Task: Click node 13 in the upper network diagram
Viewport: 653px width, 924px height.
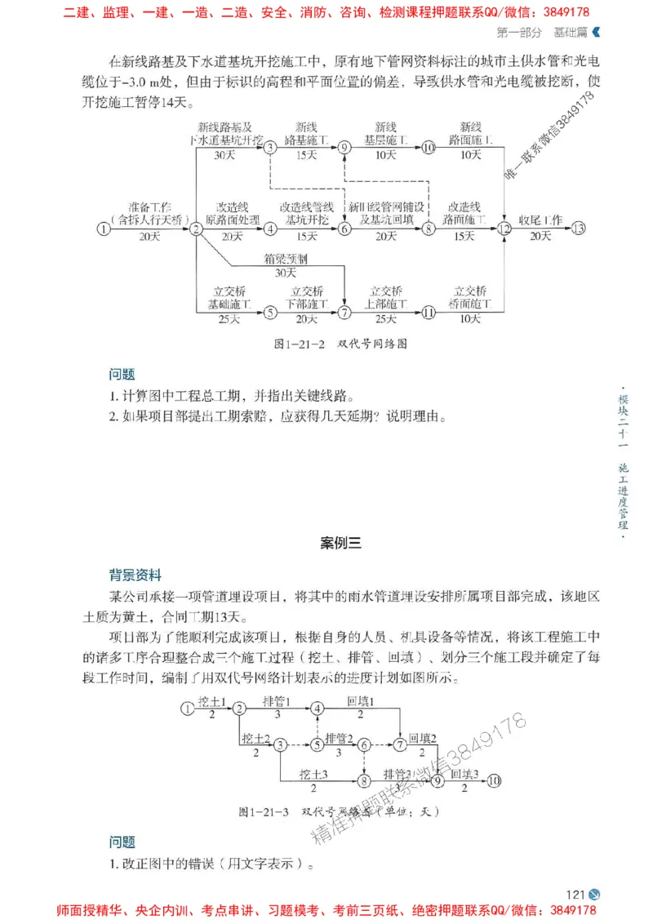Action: pyautogui.click(x=579, y=229)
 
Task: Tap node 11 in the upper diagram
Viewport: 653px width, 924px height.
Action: pyautogui.click(x=429, y=312)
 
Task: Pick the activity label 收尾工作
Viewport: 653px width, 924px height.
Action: pyautogui.click(x=540, y=220)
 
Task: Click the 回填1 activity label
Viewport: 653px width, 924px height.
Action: pyautogui.click(x=360, y=700)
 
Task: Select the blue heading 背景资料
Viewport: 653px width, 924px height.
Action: pyautogui.click(x=136, y=574)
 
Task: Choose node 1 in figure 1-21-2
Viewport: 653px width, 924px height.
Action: pyautogui.click(x=103, y=229)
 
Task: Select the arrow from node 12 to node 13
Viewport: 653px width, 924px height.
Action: pyautogui.click(x=540, y=229)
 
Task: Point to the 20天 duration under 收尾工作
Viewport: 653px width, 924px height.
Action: pyautogui.click(x=540, y=237)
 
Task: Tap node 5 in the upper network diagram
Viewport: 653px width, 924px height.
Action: pyautogui.click(x=270, y=312)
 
